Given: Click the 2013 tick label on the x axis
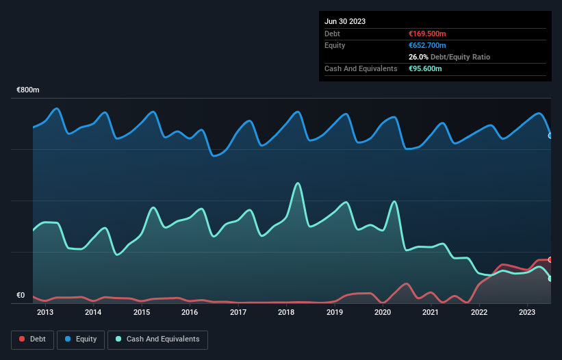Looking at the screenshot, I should click(45, 313).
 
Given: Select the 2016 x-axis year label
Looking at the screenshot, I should click(190, 313).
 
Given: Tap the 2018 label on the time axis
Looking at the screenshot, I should click(286, 313).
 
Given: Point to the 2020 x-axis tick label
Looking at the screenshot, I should click(383, 313).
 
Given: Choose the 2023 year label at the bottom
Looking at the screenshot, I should click(527, 313).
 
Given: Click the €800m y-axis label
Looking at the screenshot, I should click(28, 90).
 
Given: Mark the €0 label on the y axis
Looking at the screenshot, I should click(21, 296).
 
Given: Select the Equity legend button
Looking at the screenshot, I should click(81, 339).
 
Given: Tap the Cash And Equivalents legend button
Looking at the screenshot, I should click(157, 339).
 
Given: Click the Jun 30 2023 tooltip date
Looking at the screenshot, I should click(345, 21).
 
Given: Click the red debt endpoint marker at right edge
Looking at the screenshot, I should click(550, 259).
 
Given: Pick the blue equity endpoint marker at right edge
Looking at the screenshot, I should click(550, 136).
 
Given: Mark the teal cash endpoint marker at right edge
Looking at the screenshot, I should click(550, 279).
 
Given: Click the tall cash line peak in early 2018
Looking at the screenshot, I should click(297, 183).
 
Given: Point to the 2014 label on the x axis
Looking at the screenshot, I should click(93, 313).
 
